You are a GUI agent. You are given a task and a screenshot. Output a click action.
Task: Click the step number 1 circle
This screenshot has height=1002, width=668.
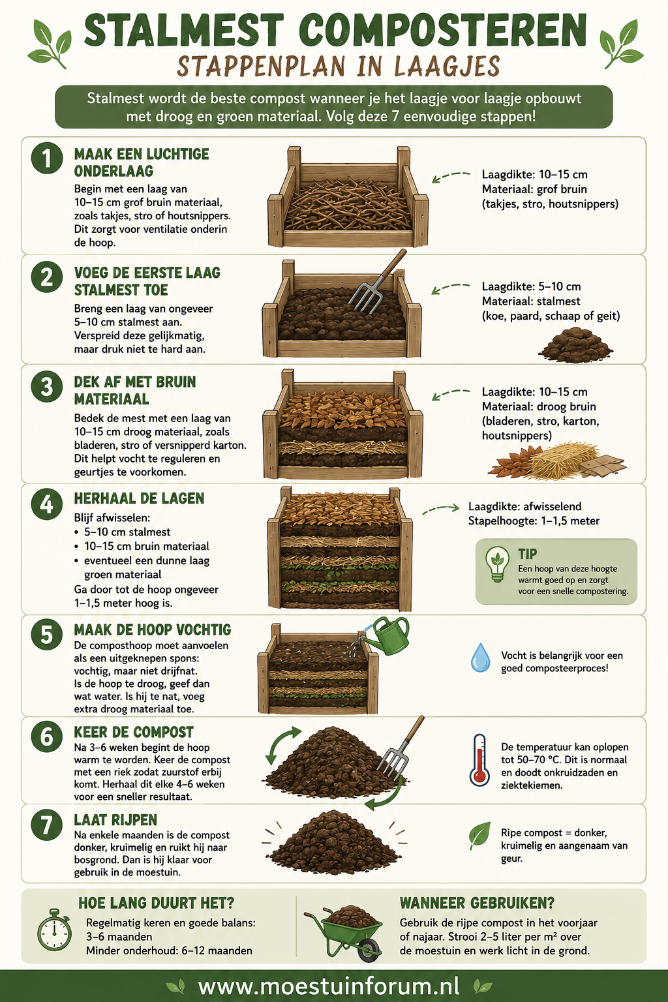tap(47, 158)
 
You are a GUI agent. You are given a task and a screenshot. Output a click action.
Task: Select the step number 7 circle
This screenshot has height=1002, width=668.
tap(47, 825)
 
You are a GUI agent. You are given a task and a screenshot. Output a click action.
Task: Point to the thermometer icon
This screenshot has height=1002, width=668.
tap(479, 760)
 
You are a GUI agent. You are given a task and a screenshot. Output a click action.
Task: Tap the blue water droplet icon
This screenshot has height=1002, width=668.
tap(480, 657)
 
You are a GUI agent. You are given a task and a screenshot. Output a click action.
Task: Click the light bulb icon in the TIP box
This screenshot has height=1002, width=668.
tap(497, 564)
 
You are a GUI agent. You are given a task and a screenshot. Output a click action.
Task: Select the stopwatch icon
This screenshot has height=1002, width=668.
tap(54, 930)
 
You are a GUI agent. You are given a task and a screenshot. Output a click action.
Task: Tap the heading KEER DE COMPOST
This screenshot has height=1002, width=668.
tap(134, 731)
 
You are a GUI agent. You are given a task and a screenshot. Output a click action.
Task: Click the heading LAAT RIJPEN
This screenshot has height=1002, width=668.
tap(115, 819)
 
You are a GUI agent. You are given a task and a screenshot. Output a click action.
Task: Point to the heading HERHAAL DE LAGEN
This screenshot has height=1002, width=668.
tap(139, 498)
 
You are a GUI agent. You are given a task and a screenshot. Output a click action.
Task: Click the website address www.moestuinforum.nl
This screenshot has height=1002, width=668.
tap(329, 985)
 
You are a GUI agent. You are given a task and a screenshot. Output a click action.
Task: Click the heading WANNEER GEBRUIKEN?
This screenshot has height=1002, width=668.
tap(477, 903)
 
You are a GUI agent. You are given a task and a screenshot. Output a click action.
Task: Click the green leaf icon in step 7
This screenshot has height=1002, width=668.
tap(479, 835)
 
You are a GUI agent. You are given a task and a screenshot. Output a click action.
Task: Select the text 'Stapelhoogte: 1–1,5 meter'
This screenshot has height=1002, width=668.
tap(534, 521)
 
